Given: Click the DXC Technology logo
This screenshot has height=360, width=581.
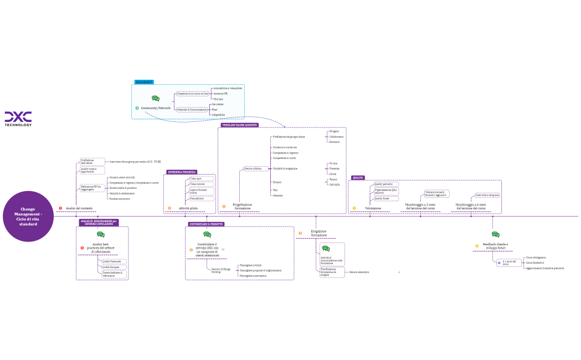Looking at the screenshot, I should pyautogui.click(x=18, y=119).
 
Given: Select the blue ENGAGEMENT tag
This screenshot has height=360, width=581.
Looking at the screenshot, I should pyautogui.click(x=144, y=82).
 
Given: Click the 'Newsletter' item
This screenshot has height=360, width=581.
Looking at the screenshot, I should pyautogui.click(x=218, y=104).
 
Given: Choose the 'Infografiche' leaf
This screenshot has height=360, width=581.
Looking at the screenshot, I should pyautogui.click(x=218, y=115).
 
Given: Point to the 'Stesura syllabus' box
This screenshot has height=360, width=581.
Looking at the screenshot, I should pyautogui.click(x=253, y=168).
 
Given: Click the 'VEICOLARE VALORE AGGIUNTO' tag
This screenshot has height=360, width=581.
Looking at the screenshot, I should pyautogui.click(x=240, y=125).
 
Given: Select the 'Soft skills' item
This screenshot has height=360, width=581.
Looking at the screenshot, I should pyautogui.click(x=335, y=184).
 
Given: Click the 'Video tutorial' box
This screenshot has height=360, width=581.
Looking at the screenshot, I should pyautogui.click(x=197, y=184).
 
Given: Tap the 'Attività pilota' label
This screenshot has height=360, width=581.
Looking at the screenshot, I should pyautogui.click(x=188, y=208).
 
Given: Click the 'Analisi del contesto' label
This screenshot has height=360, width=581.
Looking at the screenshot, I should pyautogui.click(x=79, y=208).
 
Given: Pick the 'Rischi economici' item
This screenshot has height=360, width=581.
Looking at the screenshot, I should pyautogui.click(x=120, y=198).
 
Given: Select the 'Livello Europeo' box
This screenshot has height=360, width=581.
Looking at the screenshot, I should pyautogui.click(x=111, y=267).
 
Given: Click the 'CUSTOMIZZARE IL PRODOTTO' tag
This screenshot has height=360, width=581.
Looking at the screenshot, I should pyautogui.click(x=206, y=224).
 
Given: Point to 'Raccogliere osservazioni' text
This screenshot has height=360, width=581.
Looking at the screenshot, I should pyautogui.click(x=253, y=276).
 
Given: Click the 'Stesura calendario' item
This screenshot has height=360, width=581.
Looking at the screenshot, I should pyautogui.click(x=359, y=272).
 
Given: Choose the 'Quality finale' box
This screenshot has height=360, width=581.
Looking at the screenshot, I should pyautogui.click(x=383, y=198).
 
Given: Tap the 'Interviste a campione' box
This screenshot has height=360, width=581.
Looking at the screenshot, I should pyautogui.click(x=487, y=195).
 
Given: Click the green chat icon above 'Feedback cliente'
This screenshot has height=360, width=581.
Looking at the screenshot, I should pyautogui.click(x=495, y=235).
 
